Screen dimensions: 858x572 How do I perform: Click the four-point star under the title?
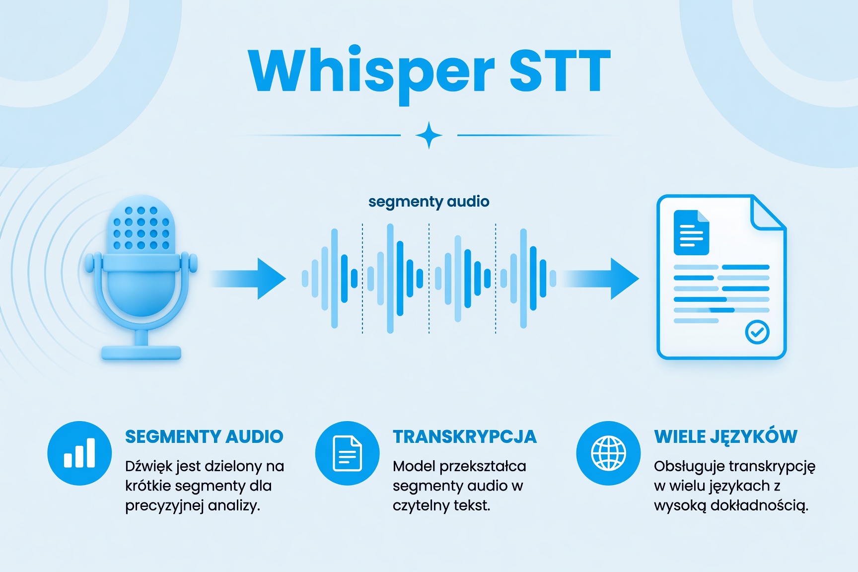coord(429,135)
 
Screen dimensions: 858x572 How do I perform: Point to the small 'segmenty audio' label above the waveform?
coord(429,202)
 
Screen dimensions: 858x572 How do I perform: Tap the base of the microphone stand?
coord(141,353)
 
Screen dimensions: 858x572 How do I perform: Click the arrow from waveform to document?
coord(601,279)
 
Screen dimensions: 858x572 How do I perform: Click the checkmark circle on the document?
coord(757,332)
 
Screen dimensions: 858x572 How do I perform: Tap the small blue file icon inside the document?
coord(691,232)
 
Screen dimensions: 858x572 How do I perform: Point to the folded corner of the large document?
coord(768,213)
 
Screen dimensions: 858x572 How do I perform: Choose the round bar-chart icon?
coord(79,453)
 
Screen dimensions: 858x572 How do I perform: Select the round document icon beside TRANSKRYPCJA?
coord(347,453)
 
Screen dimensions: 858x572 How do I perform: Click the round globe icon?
coord(608,453)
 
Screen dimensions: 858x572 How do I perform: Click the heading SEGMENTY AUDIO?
coord(204,436)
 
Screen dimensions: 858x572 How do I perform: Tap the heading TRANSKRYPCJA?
coord(465,436)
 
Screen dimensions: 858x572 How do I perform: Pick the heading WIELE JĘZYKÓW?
coord(725,436)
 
